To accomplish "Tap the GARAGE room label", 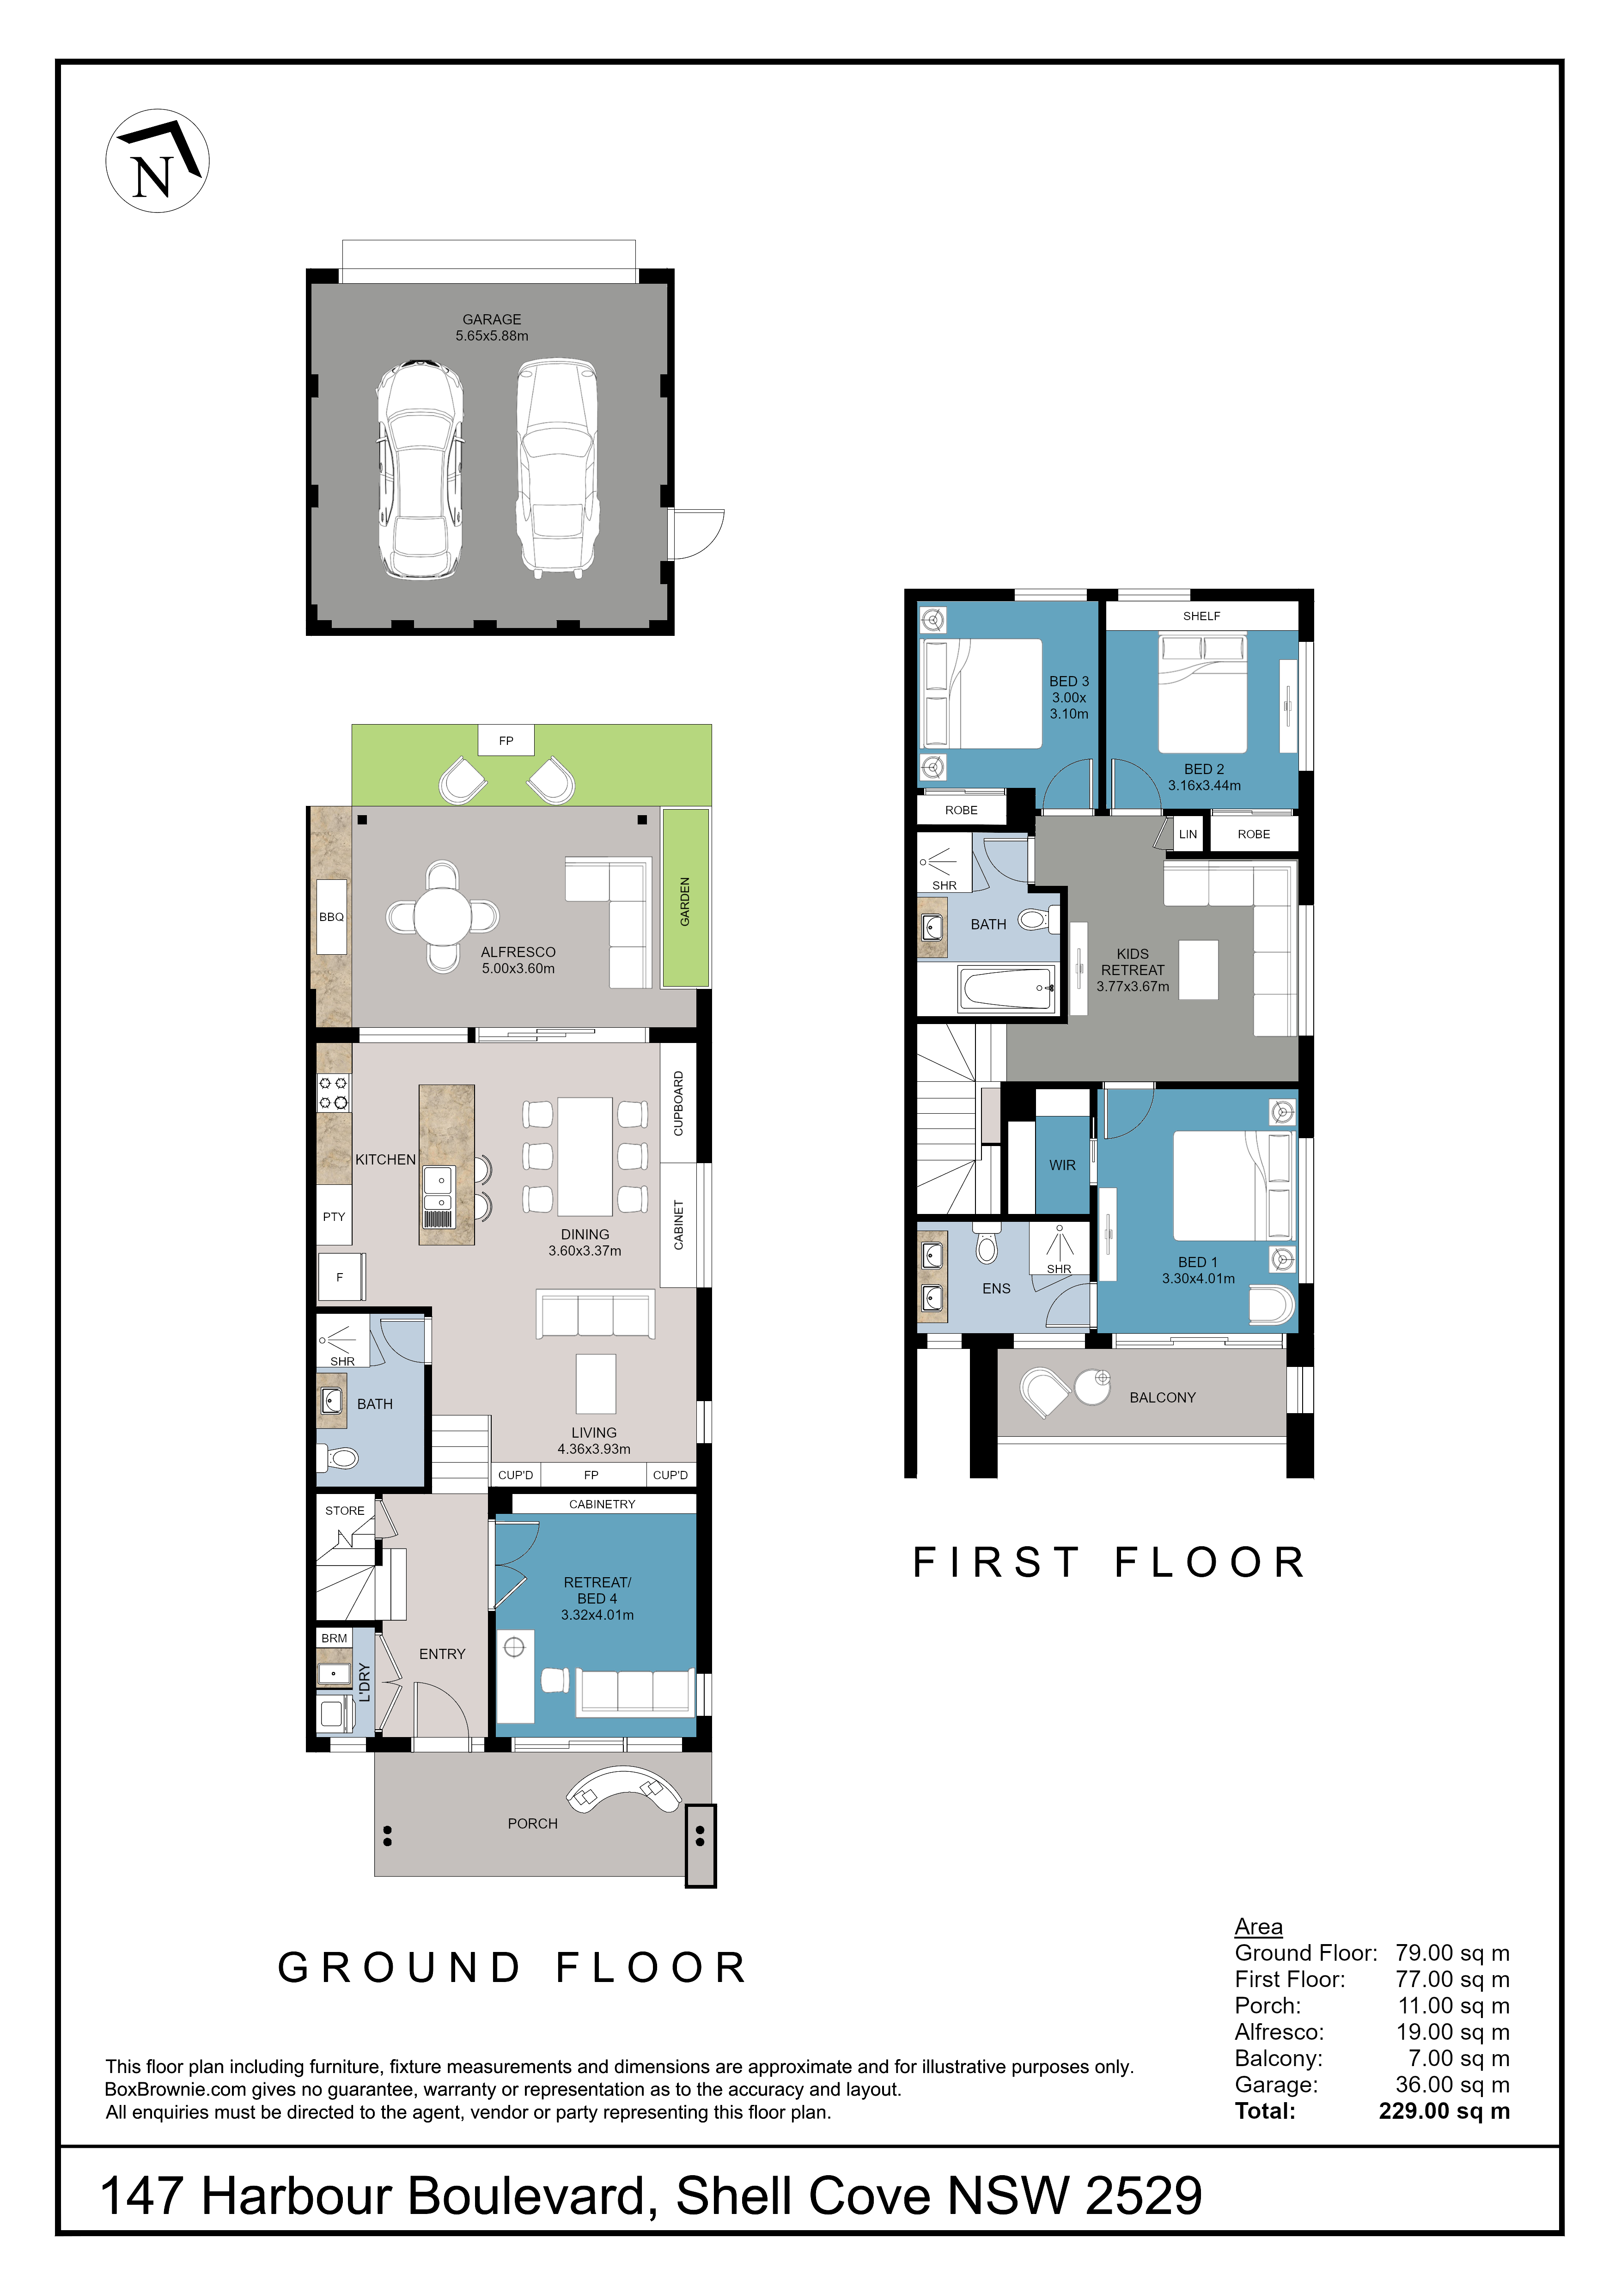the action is (x=491, y=320).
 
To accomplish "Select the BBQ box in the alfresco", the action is (x=332, y=917).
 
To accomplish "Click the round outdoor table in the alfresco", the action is (x=443, y=916).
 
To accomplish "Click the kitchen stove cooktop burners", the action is (x=334, y=1092).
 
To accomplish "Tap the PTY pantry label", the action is (x=334, y=1216).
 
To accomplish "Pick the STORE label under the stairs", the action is (x=345, y=1510).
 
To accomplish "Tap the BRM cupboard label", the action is (x=335, y=1638).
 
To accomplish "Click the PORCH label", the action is (x=532, y=1823).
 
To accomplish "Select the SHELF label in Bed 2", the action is (x=1201, y=616).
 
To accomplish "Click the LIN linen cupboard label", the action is (x=1188, y=834).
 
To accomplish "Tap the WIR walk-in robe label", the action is (x=1063, y=1165).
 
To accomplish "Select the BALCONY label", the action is (x=1163, y=1397).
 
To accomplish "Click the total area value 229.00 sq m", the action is (x=1444, y=2110).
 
